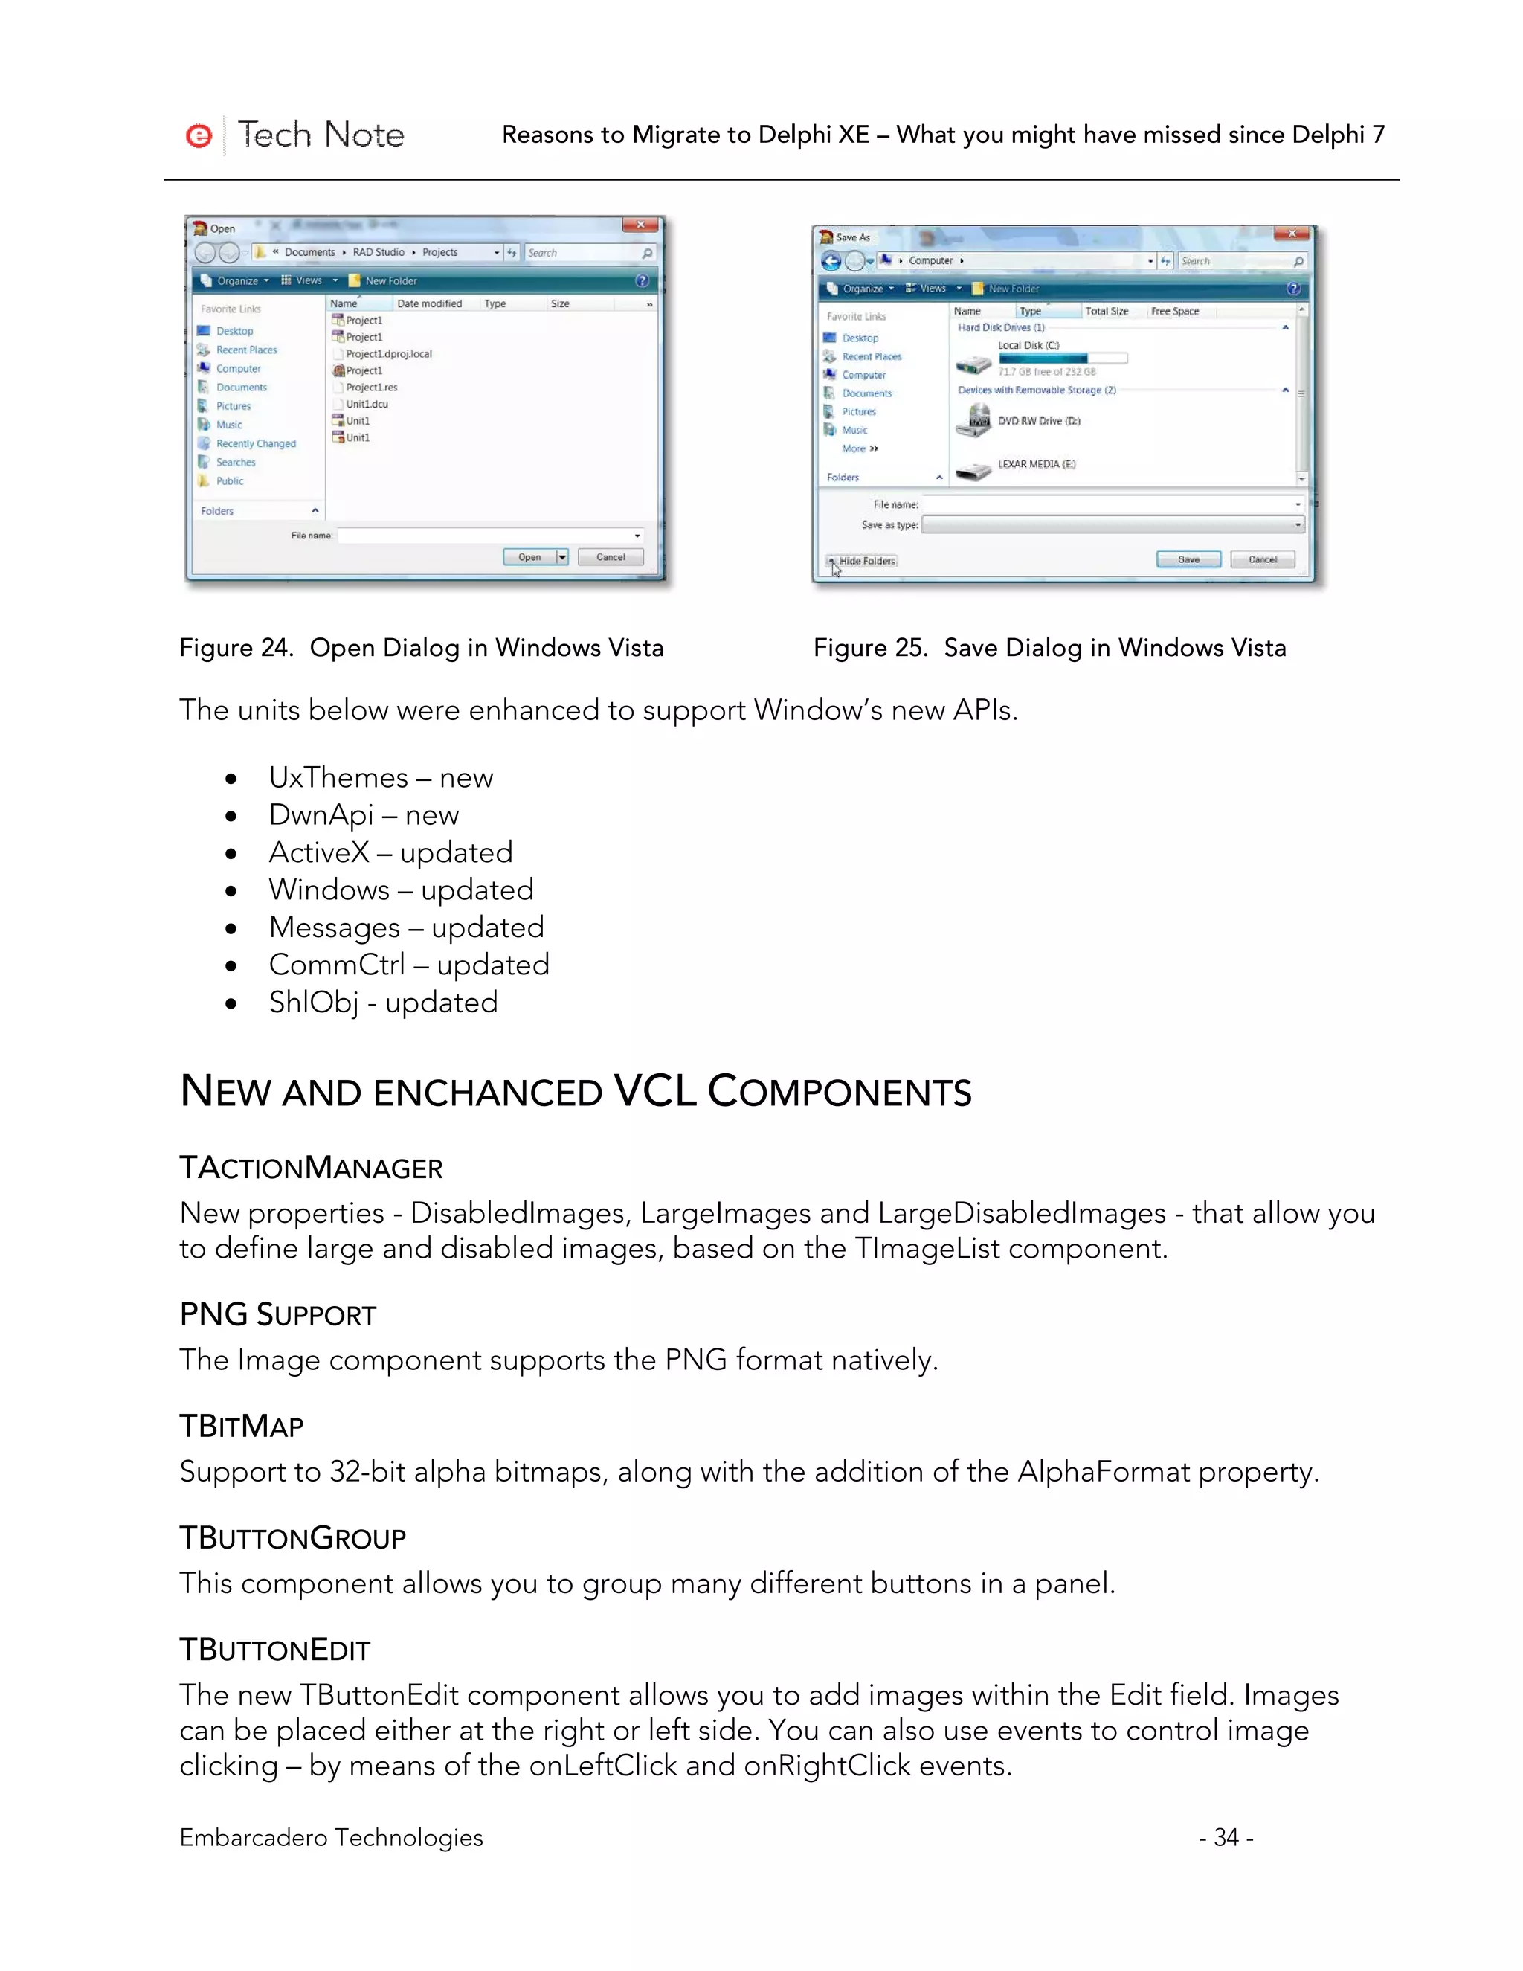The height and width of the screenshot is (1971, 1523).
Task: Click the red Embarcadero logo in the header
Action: click(x=199, y=135)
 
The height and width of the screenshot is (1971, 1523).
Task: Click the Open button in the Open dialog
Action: click(x=529, y=557)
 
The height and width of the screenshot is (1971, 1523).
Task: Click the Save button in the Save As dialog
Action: click(x=1188, y=559)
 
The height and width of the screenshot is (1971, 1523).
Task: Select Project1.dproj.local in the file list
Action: click(x=388, y=354)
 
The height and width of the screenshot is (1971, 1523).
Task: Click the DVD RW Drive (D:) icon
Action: click(x=974, y=420)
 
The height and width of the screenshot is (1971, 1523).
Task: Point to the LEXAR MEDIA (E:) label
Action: click(x=1036, y=464)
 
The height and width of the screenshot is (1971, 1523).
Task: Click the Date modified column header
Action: click(x=430, y=304)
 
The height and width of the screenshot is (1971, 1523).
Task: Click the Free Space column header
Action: click(x=1175, y=312)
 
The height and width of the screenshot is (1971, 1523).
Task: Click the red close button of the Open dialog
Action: click(x=640, y=225)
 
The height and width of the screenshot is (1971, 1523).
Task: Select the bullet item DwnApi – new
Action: click(x=364, y=815)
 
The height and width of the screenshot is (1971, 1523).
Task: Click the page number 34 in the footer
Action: click(x=1226, y=1837)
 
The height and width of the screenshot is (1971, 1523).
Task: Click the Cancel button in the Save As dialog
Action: click(x=1261, y=559)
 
